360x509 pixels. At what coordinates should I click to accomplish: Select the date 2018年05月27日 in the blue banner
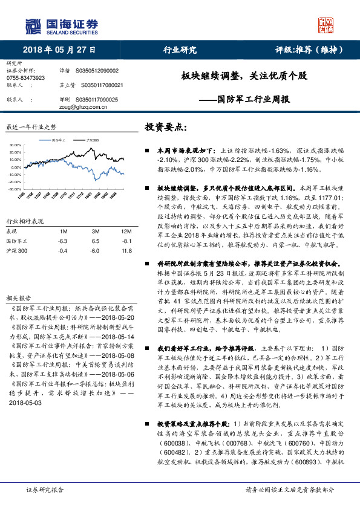[x=59, y=50]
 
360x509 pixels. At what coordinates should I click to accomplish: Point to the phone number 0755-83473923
[x=25, y=78]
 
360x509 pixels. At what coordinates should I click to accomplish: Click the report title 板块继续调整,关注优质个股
[x=244, y=77]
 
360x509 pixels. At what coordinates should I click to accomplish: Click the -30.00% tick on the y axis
[x=15, y=189]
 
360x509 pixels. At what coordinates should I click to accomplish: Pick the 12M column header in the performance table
[x=126, y=231]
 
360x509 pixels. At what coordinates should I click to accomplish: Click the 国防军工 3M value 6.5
[x=95, y=241]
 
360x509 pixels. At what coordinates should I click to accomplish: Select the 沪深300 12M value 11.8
[x=126, y=250]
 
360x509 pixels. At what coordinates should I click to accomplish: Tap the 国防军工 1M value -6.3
[x=62, y=241]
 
